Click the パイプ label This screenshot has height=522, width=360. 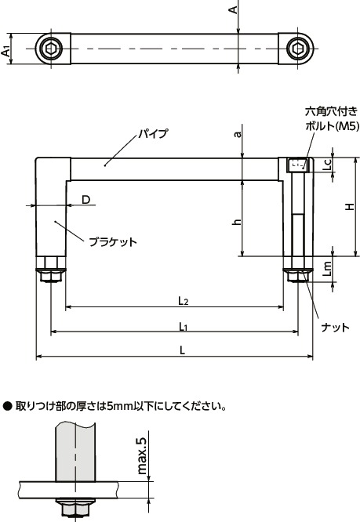(x=153, y=134)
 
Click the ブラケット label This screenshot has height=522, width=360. (x=112, y=241)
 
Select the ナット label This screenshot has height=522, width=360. (x=336, y=327)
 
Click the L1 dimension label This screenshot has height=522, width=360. (x=182, y=325)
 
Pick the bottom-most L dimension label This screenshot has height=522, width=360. (x=182, y=351)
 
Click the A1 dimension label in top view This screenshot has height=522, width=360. (x=7, y=49)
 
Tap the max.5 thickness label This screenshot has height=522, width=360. (x=142, y=455)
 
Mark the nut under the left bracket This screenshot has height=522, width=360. (x=51, y=275)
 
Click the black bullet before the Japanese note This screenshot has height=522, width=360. (x=7, y=406)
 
